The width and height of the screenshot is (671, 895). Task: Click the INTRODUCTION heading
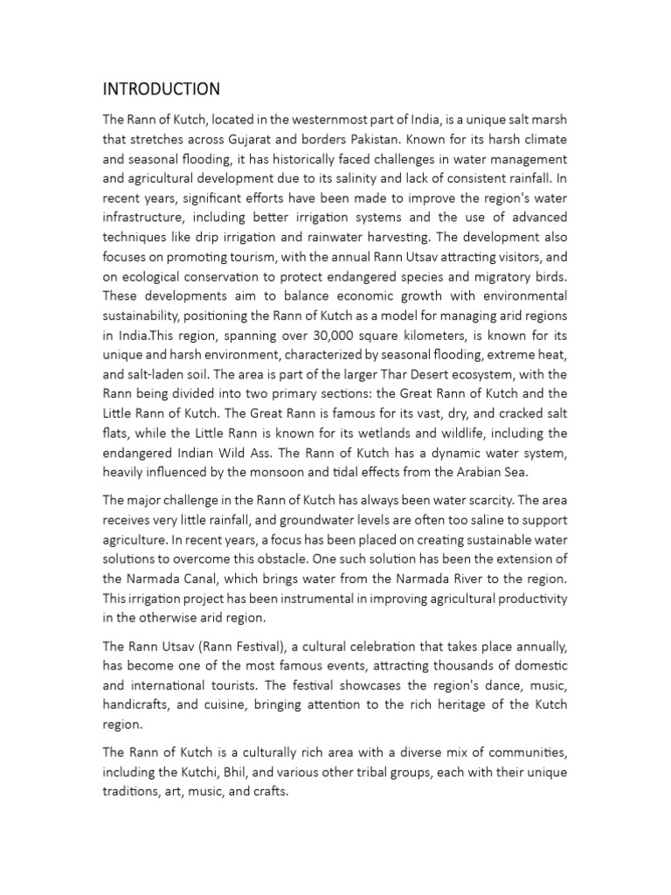tap(162, 89)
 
